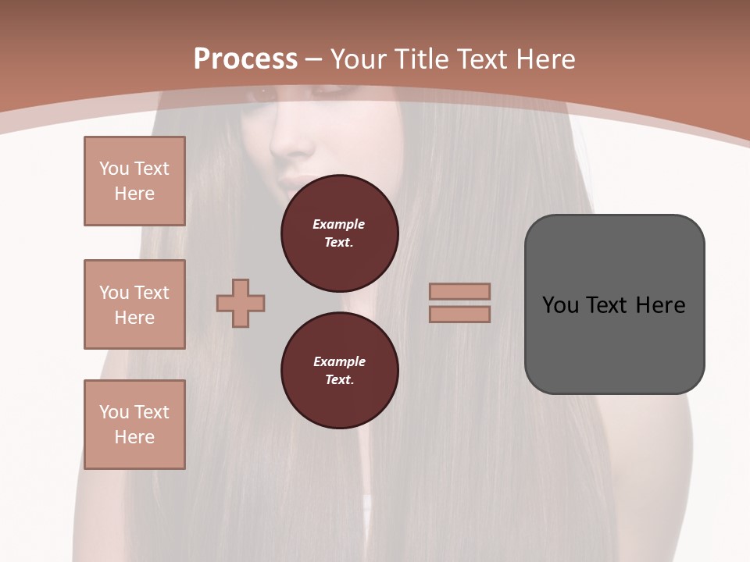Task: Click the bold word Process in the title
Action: pyautogui.click(x=245, y=59)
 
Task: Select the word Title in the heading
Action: pyautogui.click(x=423, y=59)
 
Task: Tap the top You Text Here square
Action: pyautogui.click(x=134, y=181)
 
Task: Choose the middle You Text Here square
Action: pyautogui.click(x=134, y=304)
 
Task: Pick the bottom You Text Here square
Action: pyautogui.click(x=134, y=425)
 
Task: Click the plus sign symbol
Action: pyautogui.click(x=241, y=303)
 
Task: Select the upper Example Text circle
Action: pyautogui.click(x=339, y=233)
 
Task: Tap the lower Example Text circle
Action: pyautogui.click(x=339, y=371)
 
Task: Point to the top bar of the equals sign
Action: pyautogui.click(x=459, y=291)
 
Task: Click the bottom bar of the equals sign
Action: pyautogui.click(x=459, y=314)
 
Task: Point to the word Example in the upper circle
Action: pyautogui.click(x=338, y=224)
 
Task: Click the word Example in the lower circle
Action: pyautogui.click(x=339, y=361)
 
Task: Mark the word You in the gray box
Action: pyautogui.click(x=560, y=305)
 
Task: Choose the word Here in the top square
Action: pyautogui.click(x=134, y=194)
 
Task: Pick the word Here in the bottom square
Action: pyautogui.click(x=134, y=437)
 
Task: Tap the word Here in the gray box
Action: pyautogui.click(x=660, y=305)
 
